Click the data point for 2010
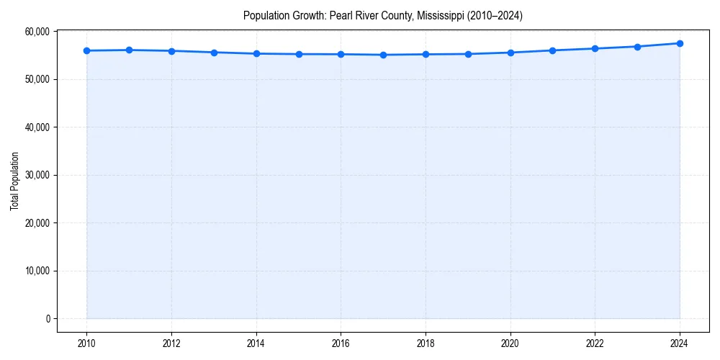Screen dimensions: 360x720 point(86,50)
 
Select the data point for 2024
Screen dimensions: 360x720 point(680,43)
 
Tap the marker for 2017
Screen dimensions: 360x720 point(383,55)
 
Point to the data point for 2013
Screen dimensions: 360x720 point(214,53)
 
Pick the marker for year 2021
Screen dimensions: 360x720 point(552,50)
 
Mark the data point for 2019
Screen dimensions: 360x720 point(468,54)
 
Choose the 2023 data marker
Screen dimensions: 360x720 point(637,47)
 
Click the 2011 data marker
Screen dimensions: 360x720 point(129,50)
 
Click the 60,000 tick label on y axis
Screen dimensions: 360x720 point(37,32)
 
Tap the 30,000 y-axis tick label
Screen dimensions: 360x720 point(37,175)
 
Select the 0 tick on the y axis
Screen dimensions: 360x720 point(48,319)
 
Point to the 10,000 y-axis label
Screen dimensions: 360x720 point(37,271)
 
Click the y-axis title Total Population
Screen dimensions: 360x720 point(14,181)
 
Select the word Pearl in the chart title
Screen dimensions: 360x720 point(340,15)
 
